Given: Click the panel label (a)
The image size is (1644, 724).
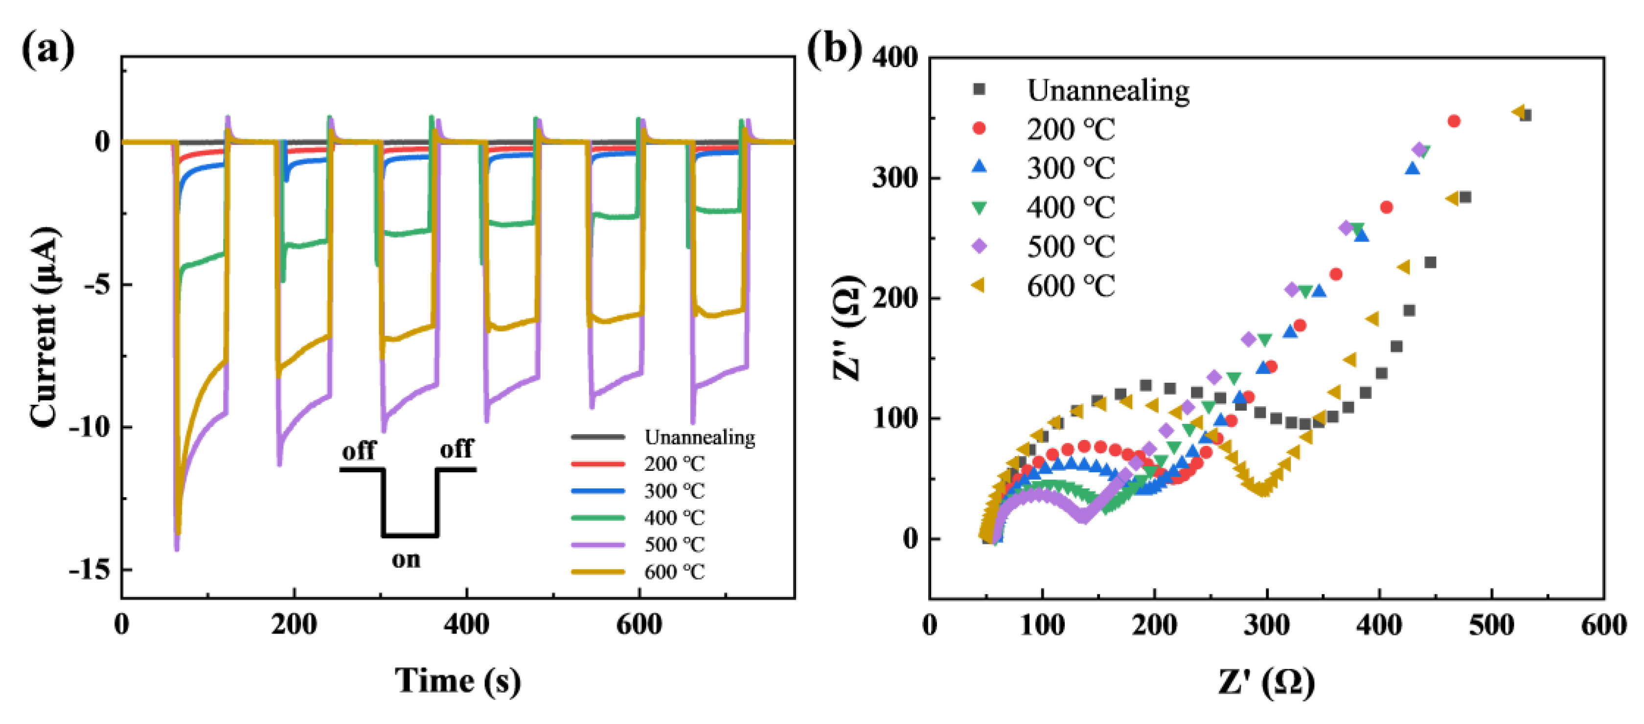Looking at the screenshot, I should click(x=48, y=49).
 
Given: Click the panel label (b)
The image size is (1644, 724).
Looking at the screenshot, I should click(x=834, y=49).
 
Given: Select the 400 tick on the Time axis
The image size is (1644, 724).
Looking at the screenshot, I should click(x=466, y=624).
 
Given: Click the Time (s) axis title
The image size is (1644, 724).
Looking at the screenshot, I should click(x=457, y=680).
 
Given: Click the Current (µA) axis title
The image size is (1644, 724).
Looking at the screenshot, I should click(x=45, y=326).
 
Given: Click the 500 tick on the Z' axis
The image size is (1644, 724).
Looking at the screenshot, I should click(x=1491, y=624).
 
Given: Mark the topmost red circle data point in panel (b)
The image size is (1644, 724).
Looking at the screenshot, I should click(x=1454, y=121).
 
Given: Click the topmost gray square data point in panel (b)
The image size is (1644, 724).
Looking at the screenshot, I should click(x=1525, y=115).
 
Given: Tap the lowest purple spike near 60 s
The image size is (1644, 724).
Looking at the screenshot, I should click(x=177, y=548).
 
